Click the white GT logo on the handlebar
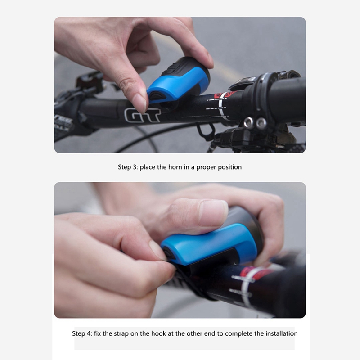point(142,115)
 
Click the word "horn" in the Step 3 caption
point(175,167)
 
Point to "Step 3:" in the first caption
point(128,167)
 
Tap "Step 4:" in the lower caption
point(82,333)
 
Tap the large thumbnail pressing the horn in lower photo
point(213,212)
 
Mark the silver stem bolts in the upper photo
point(255,122)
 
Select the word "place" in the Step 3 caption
point(148,167)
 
